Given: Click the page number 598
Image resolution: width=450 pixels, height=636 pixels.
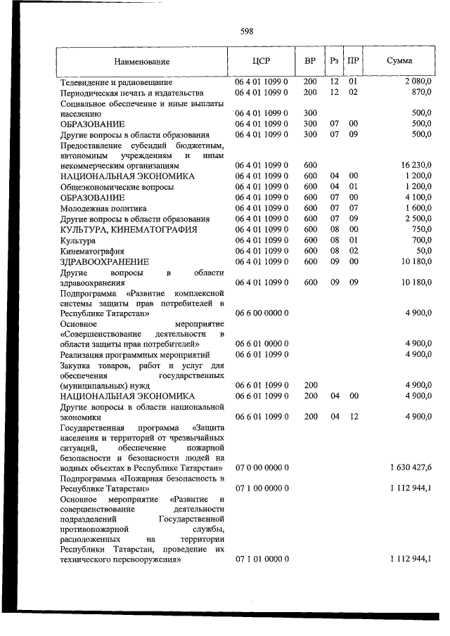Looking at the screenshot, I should pyautogui.click(x=246, y=31).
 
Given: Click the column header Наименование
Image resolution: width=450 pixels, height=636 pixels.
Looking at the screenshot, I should pyautogui.click(x=142, y=61).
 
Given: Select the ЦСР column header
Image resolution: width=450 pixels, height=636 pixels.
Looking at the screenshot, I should pyautogui.click(x=261, y=61).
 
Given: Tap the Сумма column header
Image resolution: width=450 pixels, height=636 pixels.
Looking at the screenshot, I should pyautogui.click(x=399, y=61).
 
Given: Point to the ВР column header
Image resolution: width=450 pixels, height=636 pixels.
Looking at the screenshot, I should pyautogui.click(x=309, y=61).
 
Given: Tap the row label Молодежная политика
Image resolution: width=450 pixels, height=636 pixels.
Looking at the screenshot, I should pyautogui.click(x=103, y=208).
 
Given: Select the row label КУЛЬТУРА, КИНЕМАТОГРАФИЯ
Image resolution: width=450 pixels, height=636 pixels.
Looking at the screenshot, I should pyautogui.click(x=129, y=229).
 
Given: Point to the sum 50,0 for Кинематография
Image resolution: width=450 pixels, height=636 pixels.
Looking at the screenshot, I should pyautogui.click(x=423, y=251).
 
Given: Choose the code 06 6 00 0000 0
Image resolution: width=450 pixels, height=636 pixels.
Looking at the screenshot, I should pyautogui.click(x=261, y=313).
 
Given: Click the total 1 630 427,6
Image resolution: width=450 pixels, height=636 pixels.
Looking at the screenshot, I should pyautogui.click(x=410, y=467).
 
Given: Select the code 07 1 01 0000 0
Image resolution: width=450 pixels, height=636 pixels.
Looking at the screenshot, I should pyautogui.click(x=261, y=558).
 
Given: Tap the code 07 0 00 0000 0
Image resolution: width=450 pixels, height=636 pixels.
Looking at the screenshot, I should pyautogui.click(x=261, y=467).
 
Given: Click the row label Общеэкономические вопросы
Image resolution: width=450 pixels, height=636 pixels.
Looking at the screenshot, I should pyautogui.click(x=117, y=187).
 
